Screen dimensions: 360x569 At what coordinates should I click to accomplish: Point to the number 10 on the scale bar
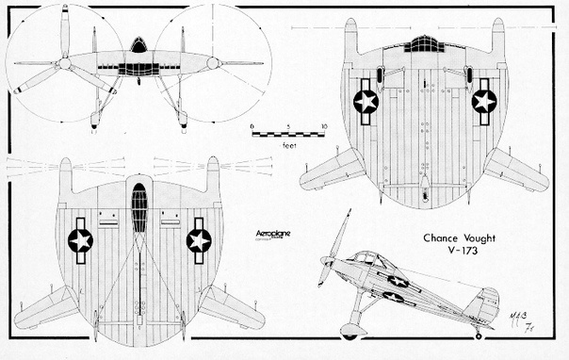click(x=323, y=126)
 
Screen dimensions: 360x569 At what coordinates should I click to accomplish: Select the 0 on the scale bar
click(x=252, y=126)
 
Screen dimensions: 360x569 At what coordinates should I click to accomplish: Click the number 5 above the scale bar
click(x=288, y=126)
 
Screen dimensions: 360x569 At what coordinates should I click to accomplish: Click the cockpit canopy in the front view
click(x=139, y=46)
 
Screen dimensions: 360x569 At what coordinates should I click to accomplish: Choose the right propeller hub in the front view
click(x=214, y=63)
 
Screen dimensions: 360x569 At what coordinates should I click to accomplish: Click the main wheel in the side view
click(x=350, y=331)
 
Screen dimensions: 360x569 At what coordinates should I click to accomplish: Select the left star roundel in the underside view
click(x=81, y=240)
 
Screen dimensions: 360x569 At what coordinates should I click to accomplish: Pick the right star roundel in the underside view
click(x=198, y=240)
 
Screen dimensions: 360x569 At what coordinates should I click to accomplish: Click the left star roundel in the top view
click(x=366, y=100)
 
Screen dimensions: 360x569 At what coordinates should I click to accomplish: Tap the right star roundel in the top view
click(x=484, y=100)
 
